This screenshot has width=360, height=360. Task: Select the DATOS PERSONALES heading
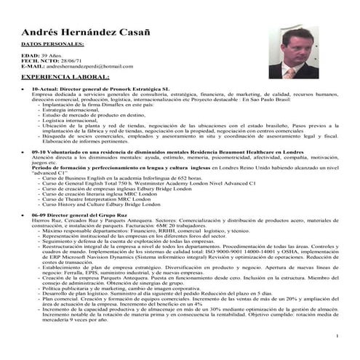point(52,44)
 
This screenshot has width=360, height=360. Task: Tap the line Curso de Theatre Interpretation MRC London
point(101,199)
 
